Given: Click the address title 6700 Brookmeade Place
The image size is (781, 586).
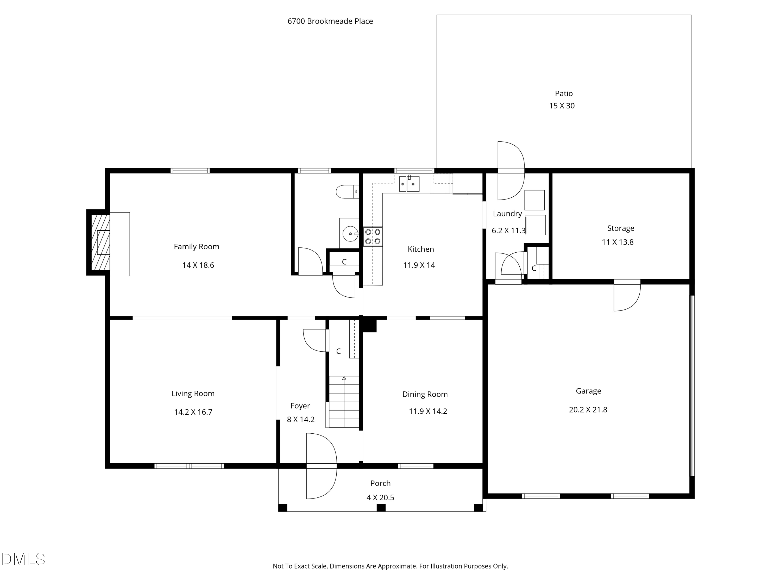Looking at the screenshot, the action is coord(330,21).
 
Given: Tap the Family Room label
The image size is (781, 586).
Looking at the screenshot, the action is coord(196,247).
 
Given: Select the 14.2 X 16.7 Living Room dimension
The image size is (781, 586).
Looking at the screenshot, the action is coord(193,412).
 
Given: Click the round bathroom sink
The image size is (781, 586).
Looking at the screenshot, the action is coord(350,234).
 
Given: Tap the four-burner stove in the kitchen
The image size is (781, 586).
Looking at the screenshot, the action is coord(373,237).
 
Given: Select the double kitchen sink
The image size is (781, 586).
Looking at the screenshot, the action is coord(409,184).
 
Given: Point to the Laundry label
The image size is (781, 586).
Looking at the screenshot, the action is coord(507,214).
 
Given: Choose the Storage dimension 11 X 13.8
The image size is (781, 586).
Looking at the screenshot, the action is coord(618,242).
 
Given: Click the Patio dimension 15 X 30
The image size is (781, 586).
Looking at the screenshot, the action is coord(562,106).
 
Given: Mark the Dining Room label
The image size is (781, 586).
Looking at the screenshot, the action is coord(425,394).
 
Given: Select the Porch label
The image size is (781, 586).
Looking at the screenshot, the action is coord(381,483).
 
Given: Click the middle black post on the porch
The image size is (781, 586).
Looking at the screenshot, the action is coord(381,508).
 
